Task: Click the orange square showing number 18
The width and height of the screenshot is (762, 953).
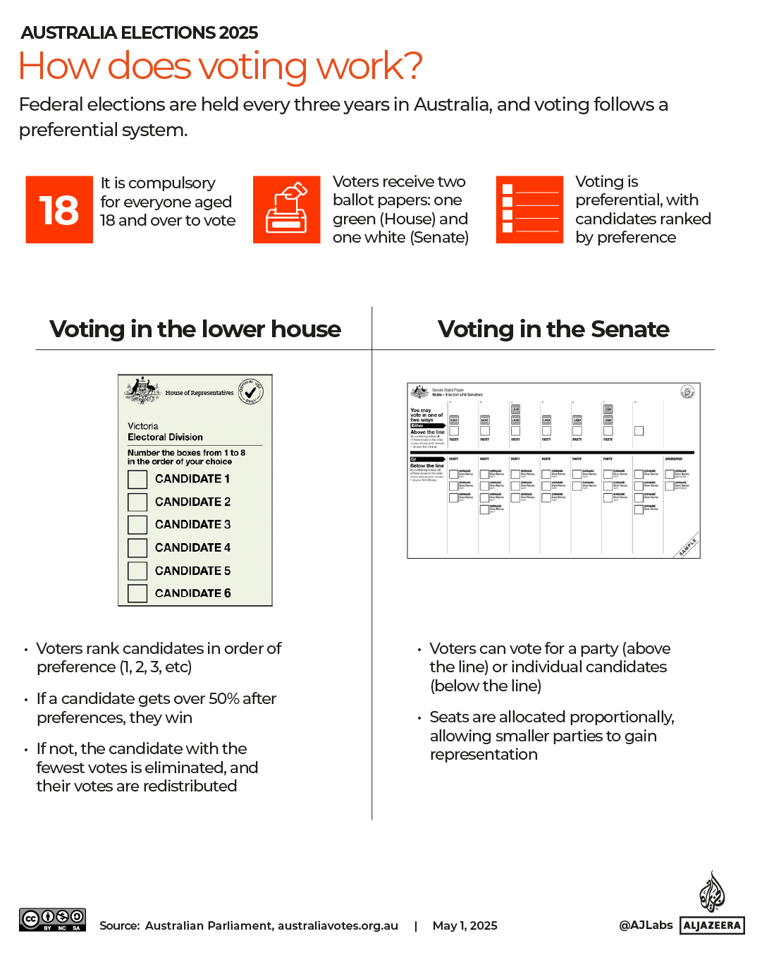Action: pyautogui.click(x=59, y=210)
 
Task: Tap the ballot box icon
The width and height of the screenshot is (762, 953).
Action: pyautogui.click(x=286, y=210)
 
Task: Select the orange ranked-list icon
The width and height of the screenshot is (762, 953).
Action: pyautogui.click(x=529, y=210)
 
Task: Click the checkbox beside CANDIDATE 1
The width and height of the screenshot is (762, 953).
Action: pyautogui.click(x=137, y=479)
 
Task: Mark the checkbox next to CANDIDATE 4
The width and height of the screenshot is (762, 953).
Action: pyautogui.click(x=137, y=547)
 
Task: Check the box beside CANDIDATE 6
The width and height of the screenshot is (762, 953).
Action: pyautogui.click(x=137, y=593)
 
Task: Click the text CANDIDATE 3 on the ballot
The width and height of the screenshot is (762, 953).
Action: pyautogui.click(x=192, y=525)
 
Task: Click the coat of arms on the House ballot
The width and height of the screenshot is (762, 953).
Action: pyautogui.click(x=142, y=390)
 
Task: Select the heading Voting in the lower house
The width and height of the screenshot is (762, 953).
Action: pyautogui.click(x=195, y=329)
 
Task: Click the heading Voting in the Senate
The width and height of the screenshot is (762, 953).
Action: pyautogui.click(x=553, y=329)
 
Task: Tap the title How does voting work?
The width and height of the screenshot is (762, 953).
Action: pyautogui.click(x=220, y=66)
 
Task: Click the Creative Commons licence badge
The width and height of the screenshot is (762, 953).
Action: pyautogui.click(x=52, y=920)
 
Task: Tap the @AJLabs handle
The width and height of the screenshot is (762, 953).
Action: pyautogui.click(x=646, y=925)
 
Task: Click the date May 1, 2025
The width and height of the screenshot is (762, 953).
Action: pyautogui.click(x=465, y=925)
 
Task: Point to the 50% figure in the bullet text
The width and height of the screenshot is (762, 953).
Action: pyautogui.click(x=223, y=699)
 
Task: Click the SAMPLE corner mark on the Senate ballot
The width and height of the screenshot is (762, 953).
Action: pyautogui.click(x=688, y=547)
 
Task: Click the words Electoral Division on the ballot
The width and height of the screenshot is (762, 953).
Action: pyautogui.click(x=165, y=437)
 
